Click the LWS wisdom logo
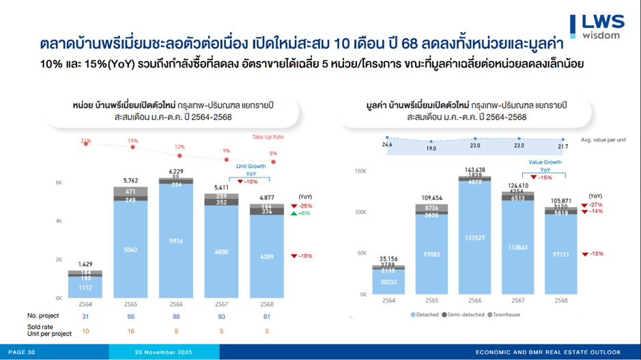click(x=597, y=25)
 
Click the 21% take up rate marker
click(x=86, y=143)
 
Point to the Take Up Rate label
click(x=268, y=137)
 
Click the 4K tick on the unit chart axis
click(x=59, y=221)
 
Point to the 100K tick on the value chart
click(x=360, y=212)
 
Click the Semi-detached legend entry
click(x=466, y=315)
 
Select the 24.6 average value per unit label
click(x=387, y=145)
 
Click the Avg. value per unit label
click(x=603, y=140)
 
